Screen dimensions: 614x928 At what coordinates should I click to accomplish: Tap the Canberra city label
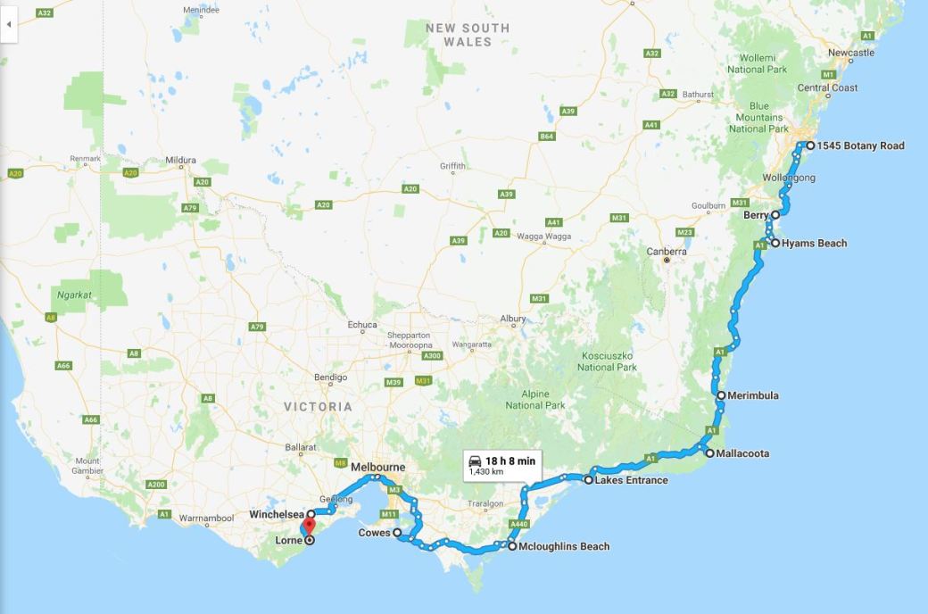[x=667, y=251]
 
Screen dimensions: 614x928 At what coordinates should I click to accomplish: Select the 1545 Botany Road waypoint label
[x=862, y=145]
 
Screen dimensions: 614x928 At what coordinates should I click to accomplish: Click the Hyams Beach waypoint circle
[x=775, y=243]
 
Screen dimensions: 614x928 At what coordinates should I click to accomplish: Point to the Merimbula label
[x=753, y=395]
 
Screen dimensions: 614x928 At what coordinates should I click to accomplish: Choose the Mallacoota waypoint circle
[x=709, y=453]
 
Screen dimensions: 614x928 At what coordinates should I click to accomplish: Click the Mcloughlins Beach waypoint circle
[x=511, y=546]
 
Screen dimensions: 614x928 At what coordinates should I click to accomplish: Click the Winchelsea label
[x=277, y=514]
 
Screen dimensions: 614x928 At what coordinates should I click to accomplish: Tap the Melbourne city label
[x=377, y=467]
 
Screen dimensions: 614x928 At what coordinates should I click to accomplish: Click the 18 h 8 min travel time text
[x=510, y=460]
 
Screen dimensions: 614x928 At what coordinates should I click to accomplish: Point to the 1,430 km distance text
[x=486, y=471]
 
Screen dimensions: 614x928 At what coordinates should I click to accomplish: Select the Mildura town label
[x=180, y=161]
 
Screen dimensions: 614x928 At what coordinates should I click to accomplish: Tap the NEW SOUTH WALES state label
[x=468, y=35]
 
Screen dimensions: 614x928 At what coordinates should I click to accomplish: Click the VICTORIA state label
[x=318, y=406]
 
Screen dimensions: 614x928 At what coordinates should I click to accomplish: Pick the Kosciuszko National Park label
[x=607, y=361]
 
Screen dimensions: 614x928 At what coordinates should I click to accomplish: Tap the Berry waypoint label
[x=756, y=215]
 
